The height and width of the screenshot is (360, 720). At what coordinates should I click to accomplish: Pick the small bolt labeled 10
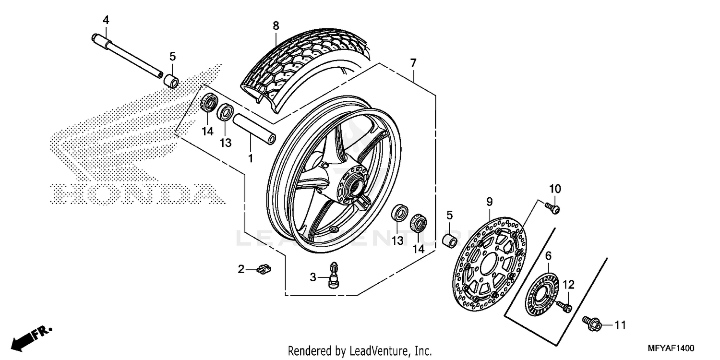pos(553,208)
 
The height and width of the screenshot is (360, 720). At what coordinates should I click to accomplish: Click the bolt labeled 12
pos(565,306)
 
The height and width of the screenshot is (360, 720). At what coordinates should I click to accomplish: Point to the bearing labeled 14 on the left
pos(209,103)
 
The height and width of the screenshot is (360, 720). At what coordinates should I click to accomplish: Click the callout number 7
pos(413,63)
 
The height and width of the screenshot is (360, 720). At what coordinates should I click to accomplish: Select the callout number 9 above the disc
pos(489,202)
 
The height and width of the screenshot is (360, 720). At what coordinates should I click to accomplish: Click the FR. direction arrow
pos(31,336)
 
